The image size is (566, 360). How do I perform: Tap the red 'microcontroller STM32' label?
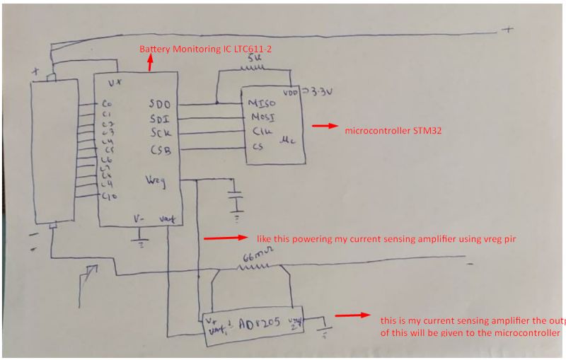[x=393, y=131]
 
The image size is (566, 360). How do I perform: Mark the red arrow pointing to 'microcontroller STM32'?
[x=324, y=127]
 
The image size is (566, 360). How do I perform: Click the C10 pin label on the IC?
[x=108, y=195]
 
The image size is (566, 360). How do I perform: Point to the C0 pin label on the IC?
[x=108, y=104]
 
